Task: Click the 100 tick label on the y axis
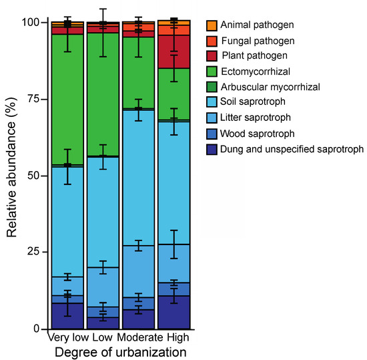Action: point(30,22)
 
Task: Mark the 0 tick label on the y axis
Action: point(37,329)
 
